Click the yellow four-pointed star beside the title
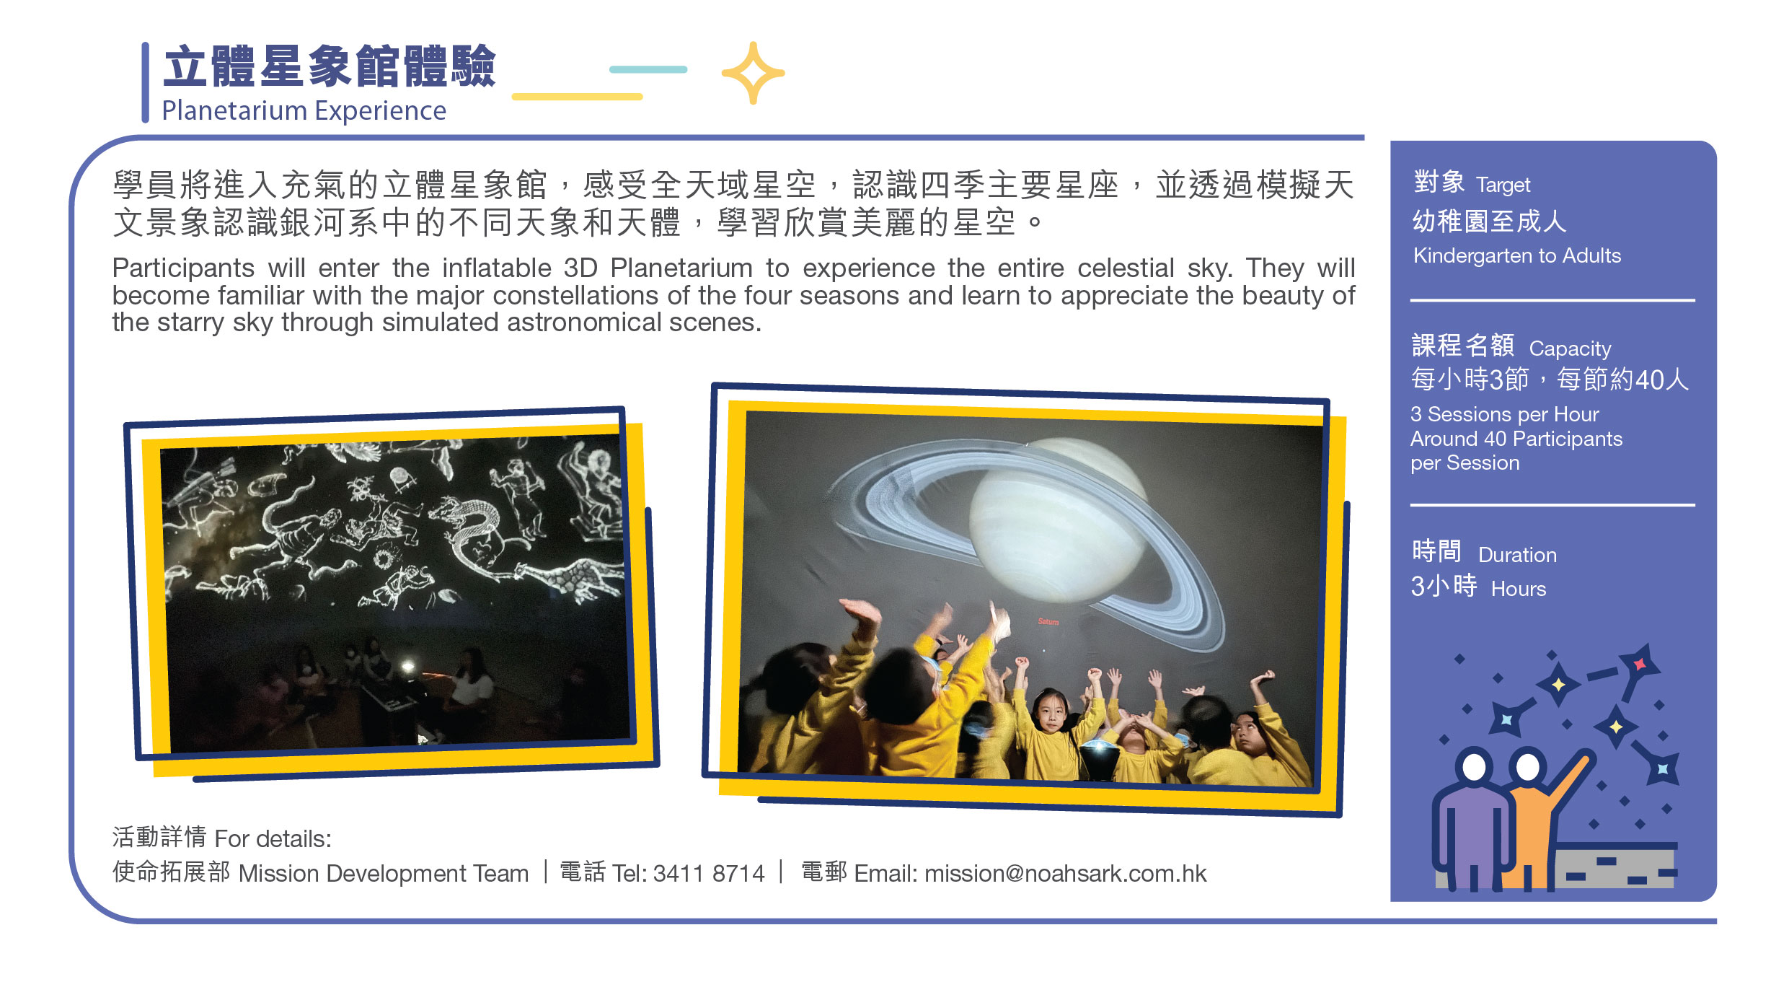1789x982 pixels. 753,73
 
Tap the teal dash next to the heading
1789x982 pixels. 648,69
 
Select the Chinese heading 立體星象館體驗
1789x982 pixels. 330,66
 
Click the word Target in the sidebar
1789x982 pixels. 1503,185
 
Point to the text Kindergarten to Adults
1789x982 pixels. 1516,255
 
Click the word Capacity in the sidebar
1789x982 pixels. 1570,349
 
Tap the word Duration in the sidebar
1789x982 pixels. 1517,555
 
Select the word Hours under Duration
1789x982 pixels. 1518,589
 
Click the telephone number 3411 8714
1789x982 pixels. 708,874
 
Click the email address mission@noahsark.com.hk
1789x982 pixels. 1065,874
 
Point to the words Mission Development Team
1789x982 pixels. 383,874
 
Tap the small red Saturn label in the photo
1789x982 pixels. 1048,621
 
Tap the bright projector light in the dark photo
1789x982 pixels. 408,667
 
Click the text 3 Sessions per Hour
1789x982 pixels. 1504,414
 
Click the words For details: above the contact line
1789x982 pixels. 273,839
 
